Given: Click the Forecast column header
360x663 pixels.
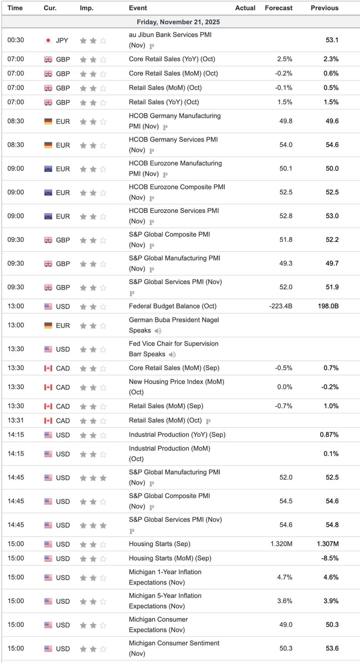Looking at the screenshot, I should (278, 8).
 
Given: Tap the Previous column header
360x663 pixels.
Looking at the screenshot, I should (324, 8).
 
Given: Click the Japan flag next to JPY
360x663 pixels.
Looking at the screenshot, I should (48, 41).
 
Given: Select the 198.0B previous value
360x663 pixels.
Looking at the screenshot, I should (328, 306).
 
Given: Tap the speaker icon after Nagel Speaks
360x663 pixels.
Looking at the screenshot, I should (158, 331).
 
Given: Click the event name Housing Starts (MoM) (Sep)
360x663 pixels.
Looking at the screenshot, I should (170, 558).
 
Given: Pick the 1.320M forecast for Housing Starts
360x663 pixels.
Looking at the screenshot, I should (280, 544).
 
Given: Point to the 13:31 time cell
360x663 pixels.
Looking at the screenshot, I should (15, 420).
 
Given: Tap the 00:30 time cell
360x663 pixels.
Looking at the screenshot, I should (15, 40).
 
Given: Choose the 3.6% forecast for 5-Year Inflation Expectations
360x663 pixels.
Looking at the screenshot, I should (284, 601).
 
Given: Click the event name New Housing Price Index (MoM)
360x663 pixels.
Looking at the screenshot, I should (176, 382).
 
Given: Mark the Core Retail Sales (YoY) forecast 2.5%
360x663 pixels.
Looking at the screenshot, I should (284, 59).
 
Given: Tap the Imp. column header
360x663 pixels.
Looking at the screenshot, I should (86, 8).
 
